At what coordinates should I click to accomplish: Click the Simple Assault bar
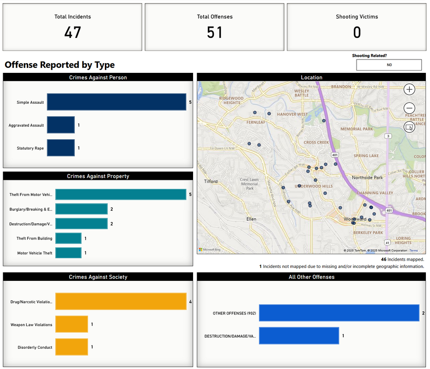[116, 102]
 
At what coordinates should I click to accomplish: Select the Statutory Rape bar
[61, 148]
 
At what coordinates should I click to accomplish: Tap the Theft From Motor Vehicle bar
[121, 195]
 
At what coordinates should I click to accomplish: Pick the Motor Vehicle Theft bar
[68, 253]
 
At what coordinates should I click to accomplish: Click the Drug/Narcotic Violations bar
[121, 302]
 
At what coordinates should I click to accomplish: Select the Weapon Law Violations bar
[72, 325]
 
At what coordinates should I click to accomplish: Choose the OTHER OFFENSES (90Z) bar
[339, 313]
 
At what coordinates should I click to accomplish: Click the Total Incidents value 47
[73, 33]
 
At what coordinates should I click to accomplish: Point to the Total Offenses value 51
[214, 33]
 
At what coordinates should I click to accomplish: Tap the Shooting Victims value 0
[357, 33]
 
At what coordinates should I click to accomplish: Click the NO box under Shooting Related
[389, 65]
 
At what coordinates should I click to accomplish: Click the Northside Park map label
[367, 178]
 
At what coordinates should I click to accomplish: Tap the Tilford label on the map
[211, 181]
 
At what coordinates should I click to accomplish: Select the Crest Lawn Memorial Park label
[249, 184]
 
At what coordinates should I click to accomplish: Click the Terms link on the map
[413, 250]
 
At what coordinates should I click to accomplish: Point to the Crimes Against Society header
[98, 277]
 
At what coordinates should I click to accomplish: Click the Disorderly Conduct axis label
[35, 347]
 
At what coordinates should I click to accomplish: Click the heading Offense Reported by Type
[60, 65]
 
